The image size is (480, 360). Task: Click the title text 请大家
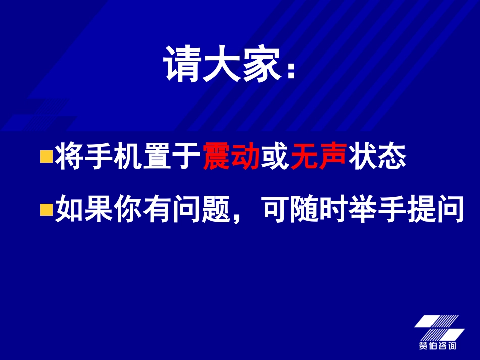(x=222, y=65)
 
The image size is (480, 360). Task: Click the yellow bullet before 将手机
(x=46, y=157)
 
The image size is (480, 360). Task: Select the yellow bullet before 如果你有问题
(x=46, y=210)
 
